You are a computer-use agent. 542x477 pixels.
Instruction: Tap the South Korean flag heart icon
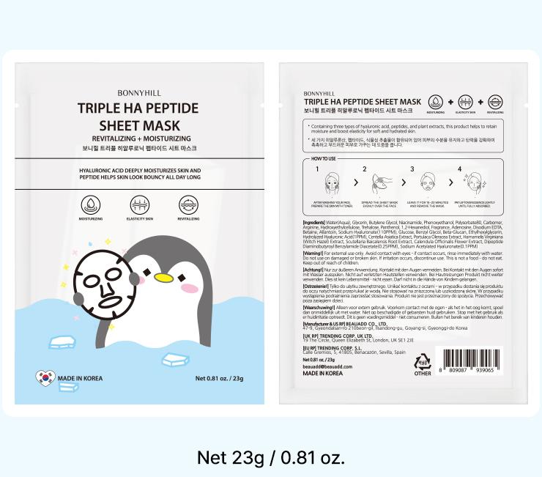click(45, 378)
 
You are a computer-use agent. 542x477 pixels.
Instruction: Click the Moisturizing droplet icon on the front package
click(91, 204)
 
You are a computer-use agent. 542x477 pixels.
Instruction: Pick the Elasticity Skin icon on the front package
click(139, 204)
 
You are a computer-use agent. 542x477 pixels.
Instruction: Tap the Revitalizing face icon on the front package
click(188, 204)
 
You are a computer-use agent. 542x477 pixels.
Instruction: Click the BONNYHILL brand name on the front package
click(138, 94)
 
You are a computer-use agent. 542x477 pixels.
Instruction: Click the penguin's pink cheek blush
click(189, 287)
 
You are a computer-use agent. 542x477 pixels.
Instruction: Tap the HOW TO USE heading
click(324, 158)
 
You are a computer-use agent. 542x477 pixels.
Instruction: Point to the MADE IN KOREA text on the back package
click(322, 373)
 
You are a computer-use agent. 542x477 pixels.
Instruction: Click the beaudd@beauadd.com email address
click(326, 366)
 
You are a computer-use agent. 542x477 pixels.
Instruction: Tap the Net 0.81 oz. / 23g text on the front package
click(219, 379)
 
